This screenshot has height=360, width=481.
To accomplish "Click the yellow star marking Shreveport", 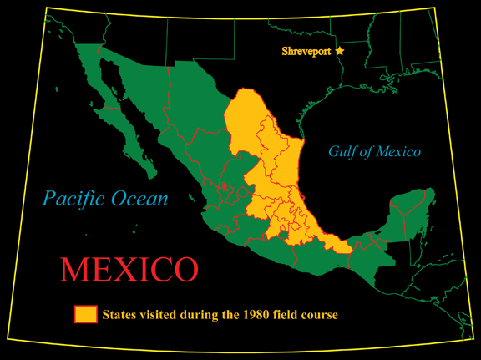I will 340,52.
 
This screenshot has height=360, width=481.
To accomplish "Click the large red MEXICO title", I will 129,269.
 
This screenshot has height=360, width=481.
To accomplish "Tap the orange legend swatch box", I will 85,314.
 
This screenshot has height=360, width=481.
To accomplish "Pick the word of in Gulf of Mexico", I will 366,152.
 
